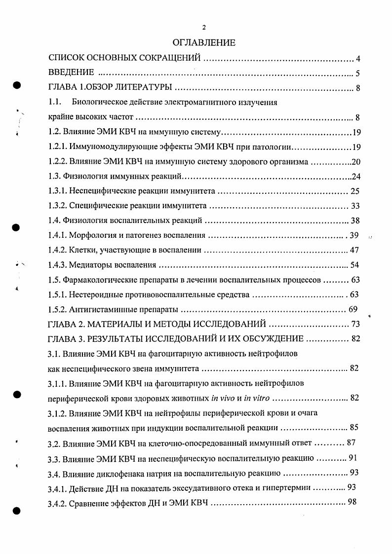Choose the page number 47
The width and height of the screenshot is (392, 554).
(x=354, y=250)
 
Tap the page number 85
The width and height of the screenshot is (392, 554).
(x=354, y=427)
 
